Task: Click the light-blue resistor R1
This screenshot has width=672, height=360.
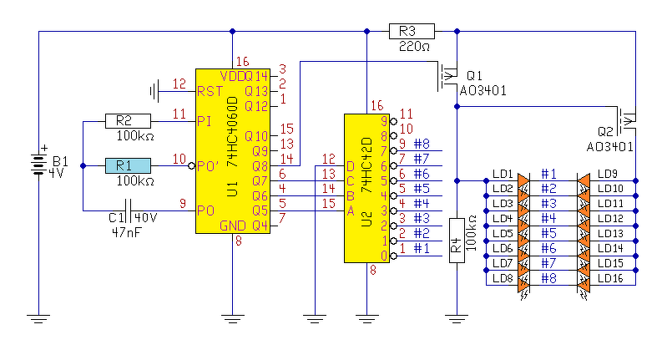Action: (129, 166)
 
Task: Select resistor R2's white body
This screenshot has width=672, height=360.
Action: (129, 121)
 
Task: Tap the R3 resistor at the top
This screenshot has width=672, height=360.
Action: (412, 31)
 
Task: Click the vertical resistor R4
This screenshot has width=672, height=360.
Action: (457, 241)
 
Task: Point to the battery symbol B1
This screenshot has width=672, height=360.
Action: (38, 165)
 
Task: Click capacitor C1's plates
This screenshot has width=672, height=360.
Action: (128, 210)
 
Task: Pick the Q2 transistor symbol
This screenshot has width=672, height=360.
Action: (627, 121)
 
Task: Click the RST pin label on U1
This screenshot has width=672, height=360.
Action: (210, 91)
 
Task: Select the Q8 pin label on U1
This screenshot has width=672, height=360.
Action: (260, 166)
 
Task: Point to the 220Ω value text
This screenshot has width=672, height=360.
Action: (414, 46)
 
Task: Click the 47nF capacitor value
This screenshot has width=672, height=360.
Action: (126, 233)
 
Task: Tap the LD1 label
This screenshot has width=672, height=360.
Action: (503, 174)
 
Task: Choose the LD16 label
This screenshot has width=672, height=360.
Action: (610, 278)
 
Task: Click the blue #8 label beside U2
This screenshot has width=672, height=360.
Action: (422, 144)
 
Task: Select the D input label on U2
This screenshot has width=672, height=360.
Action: (350, 166)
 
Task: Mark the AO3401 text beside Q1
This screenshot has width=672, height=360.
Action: (483, 91)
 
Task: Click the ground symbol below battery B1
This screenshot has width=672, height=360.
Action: (38, 318)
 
